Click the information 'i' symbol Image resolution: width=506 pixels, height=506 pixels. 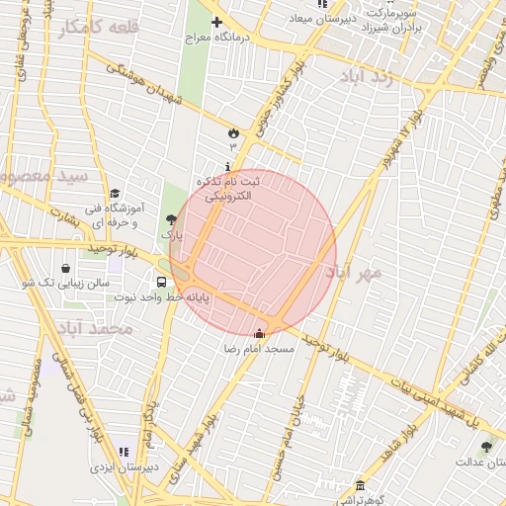click(229, 165)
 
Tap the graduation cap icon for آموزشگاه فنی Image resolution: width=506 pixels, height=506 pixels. click(116, 194)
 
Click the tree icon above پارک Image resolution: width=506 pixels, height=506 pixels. click(172, 219)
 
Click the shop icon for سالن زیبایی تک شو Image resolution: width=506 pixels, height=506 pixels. click(65, 267)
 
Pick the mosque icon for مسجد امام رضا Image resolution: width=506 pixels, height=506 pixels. click(260, 333)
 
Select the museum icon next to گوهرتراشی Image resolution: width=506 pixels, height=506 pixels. click(360, 486)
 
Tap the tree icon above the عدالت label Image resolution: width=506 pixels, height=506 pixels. click(485, 446)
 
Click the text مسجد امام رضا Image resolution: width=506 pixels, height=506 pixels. click(259, 351)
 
